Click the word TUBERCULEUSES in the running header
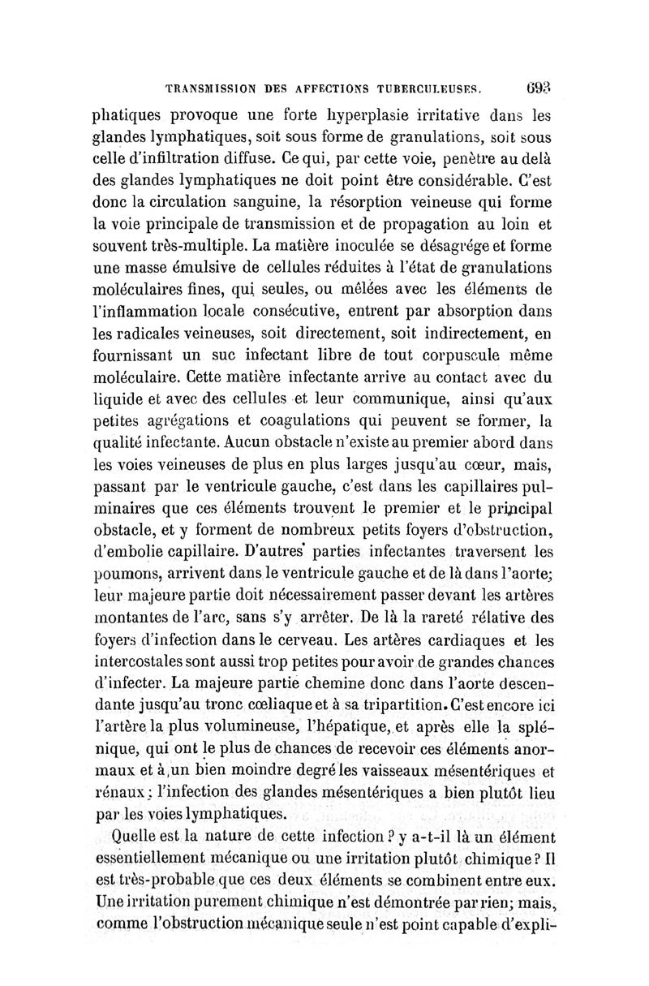click(423, 84)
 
